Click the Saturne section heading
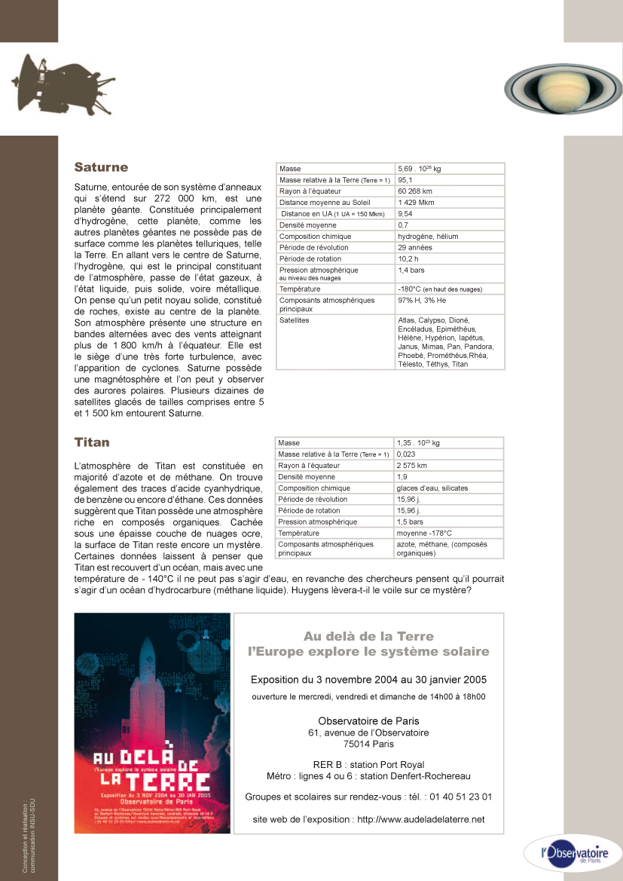[101, 167]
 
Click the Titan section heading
[92, 442]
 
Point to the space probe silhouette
[41, 81]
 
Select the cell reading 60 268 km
[416, 191]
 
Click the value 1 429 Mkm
[417, 203]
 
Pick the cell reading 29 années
[415, 248]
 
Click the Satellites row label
[295, 320]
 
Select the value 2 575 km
[412, 466]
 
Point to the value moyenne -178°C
[424, 533]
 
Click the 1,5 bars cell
[410, 522]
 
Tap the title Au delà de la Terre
[368, 636]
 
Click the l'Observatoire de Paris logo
[572, 854]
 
